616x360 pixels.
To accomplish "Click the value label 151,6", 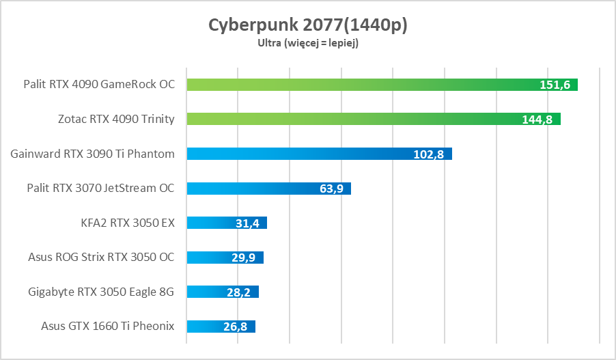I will (x=555, y=85).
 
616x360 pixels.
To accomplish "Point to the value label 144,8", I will (x=537, y=119).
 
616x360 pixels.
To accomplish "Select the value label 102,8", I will (x=429, y=154).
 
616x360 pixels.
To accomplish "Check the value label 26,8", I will (x=235, y=327).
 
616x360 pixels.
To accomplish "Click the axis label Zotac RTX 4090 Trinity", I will (x=117, y=119).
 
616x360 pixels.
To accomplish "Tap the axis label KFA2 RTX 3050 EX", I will (x=128, y=223).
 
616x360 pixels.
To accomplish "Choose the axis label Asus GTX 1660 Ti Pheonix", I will (x=108, y=327).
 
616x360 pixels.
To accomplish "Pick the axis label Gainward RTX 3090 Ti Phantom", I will (x=93, y=154).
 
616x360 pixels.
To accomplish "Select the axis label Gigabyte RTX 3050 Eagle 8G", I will (x=102, y=292).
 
